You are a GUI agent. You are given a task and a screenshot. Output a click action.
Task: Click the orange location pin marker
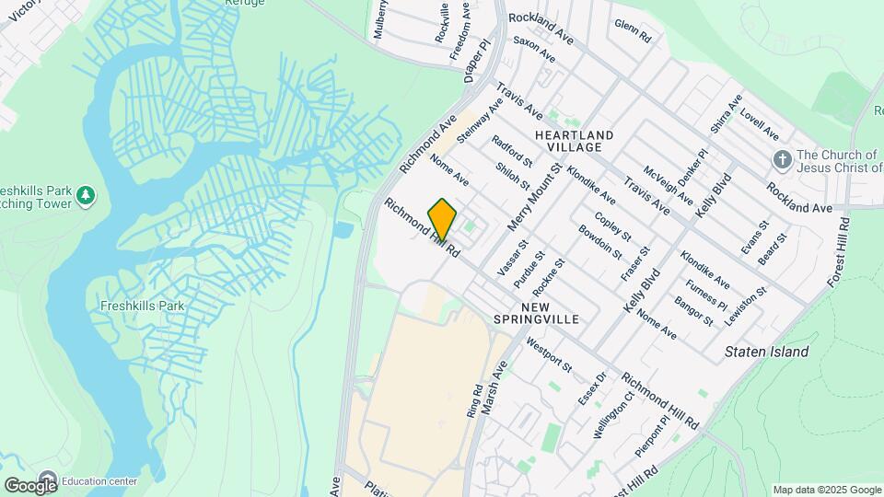click(442, 218)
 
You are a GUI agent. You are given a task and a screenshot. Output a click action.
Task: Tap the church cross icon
click(782, 160)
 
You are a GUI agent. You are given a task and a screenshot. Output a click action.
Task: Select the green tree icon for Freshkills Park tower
click(86, 195)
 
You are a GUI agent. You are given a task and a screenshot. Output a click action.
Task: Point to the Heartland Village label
click(574, 141)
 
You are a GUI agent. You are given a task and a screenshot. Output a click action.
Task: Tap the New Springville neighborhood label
click(550, 313)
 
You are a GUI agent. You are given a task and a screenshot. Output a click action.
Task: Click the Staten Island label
click(766, 352)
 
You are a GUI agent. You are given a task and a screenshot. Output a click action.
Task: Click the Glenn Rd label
click(633, 32)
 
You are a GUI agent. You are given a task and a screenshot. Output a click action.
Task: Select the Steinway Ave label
click(480, 120)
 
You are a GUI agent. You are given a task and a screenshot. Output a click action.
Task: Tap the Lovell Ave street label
click(760, 120)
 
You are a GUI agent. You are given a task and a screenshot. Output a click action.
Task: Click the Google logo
click(30, 485)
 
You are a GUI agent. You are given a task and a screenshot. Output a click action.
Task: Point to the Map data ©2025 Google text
click(825, 490)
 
